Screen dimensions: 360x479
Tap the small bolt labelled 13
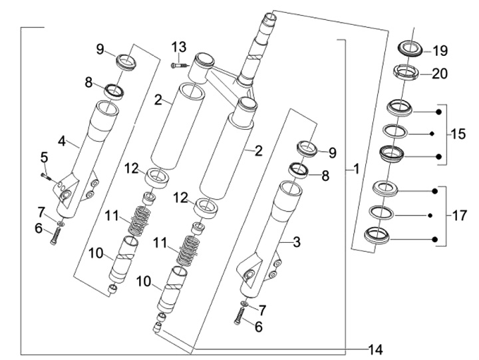tap(176, 65)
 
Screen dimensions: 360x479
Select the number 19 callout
tap(440, 51)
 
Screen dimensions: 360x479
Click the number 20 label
tap(440, 74)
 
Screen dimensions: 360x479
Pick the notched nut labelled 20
tap(408, 71)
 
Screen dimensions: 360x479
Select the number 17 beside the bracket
tap(458, 216)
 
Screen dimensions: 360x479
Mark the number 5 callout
tap(44, 158)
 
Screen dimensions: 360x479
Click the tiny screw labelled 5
tap(46, 176)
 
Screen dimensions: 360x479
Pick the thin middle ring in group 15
tap(399, 131)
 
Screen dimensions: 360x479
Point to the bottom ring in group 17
tap(379, 236)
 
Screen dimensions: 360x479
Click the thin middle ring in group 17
tap(383, 212)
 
